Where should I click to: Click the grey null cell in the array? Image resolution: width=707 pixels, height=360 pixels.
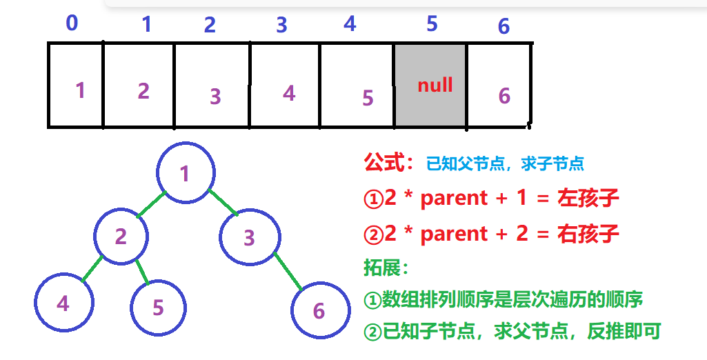[x=430, y=85]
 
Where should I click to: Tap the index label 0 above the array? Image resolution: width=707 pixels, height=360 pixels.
[x=72, y=23]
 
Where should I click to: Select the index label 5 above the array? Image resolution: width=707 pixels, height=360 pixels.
[x=432, y=24]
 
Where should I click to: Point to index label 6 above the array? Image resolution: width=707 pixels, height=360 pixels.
[x=504, y=27]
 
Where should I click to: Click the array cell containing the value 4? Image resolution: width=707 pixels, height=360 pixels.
[x=286, y=85]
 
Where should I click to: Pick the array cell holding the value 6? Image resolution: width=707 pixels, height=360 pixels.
[x=499, y=85]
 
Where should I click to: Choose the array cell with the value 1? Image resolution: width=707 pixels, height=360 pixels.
[x=76, y=85]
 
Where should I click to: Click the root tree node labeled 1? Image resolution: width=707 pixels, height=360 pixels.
[x=185, y=173]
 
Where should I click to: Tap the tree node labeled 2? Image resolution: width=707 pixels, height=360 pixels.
[x=121, y=237]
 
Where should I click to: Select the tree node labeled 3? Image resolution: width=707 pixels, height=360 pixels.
[x=249, y=237]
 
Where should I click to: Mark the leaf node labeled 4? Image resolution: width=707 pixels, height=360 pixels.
[x=63, y=303]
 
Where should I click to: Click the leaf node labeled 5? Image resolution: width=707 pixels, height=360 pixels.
[x=159, y=307]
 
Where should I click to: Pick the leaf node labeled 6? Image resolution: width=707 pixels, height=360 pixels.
[x=318, y=310]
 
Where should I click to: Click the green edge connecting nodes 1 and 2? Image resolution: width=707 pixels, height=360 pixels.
[x=152, y=206]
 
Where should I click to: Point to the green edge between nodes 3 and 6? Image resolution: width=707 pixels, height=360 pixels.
[x=287, y=271]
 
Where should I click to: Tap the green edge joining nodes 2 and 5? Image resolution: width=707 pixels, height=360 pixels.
[x=143, y=271]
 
